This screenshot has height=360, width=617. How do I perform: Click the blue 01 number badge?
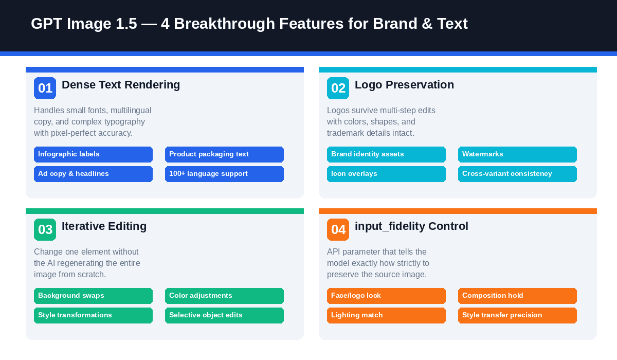(x=45, y=88)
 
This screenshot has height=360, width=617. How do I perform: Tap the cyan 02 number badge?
(x=338, y=88)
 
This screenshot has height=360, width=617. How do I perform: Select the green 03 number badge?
(x=45, y=229)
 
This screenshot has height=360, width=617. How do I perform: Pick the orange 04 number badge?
(x=338, y=229)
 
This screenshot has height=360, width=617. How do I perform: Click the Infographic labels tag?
(x=93, y=154)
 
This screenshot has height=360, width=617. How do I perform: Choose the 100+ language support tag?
(x=224, y=174)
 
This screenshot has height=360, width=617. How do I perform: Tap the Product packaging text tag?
(x=224, y=154)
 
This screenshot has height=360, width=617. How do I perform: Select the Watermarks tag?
(x=517, y=154)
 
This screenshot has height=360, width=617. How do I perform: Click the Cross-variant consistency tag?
(x=517, y=174)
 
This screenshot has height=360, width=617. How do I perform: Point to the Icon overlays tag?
(x=386, y=174)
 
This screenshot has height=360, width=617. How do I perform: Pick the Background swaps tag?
(x=93, y=296)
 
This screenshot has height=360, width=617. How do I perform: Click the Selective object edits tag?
(x=224, y=315)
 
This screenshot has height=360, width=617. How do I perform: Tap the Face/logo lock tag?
(x=386, y=296)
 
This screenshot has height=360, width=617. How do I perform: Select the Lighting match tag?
(x=386, y=315)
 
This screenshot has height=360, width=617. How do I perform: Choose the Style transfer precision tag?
(x=517, y=315)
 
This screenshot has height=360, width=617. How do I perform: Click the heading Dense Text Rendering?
(x=121, y=85)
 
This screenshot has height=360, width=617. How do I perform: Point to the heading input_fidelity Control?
(x=411, y=226)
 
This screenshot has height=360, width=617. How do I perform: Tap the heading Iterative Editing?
(x=104, y=226)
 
